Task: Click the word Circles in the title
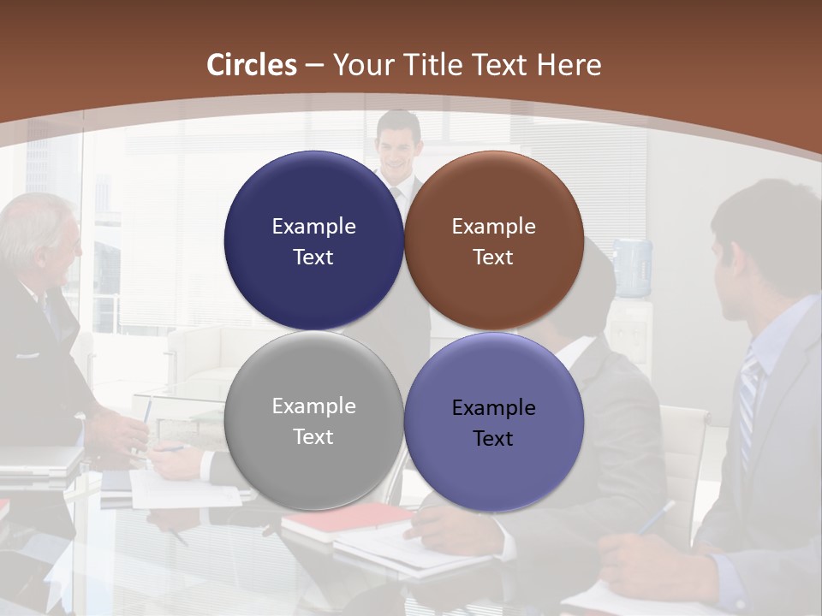tap(251, 65)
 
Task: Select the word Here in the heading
tap(569, 65)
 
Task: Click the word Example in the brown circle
tap(493, 226)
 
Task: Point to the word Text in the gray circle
tap(313, 436)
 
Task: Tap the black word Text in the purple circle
tap(492, 438)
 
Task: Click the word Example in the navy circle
tap(313, 226)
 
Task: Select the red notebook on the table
tap(346, 518)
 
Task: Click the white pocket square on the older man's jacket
tap(27, 354)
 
